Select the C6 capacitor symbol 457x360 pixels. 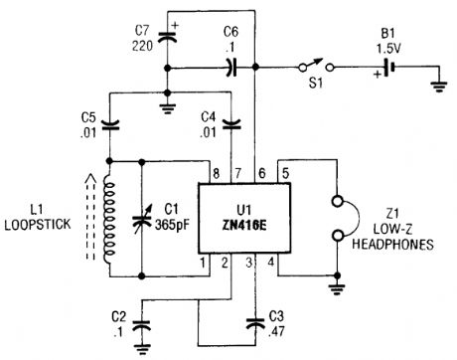coord(229,68)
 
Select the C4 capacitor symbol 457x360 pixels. coord(231,125)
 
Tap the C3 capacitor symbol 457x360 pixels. coord(259,320)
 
